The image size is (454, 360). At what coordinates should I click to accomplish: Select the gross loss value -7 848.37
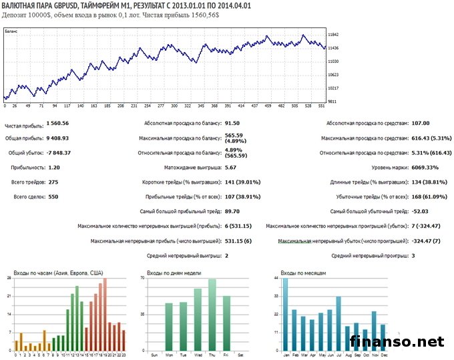(59, 152)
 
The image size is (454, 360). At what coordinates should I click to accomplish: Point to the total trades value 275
(51, 182)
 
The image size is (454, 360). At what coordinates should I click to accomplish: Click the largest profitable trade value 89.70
(232, 211)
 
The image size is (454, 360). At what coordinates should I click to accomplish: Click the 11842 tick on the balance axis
(334, 35)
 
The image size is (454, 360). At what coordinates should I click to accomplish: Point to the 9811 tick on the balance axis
(332, 102)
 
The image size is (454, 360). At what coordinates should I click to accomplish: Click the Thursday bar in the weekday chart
(212, 315)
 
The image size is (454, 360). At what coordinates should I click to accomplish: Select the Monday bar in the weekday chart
(169, 327)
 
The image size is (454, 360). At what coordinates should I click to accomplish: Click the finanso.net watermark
(397, 341)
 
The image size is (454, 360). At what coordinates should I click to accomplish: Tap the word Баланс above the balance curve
(11, 31)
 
